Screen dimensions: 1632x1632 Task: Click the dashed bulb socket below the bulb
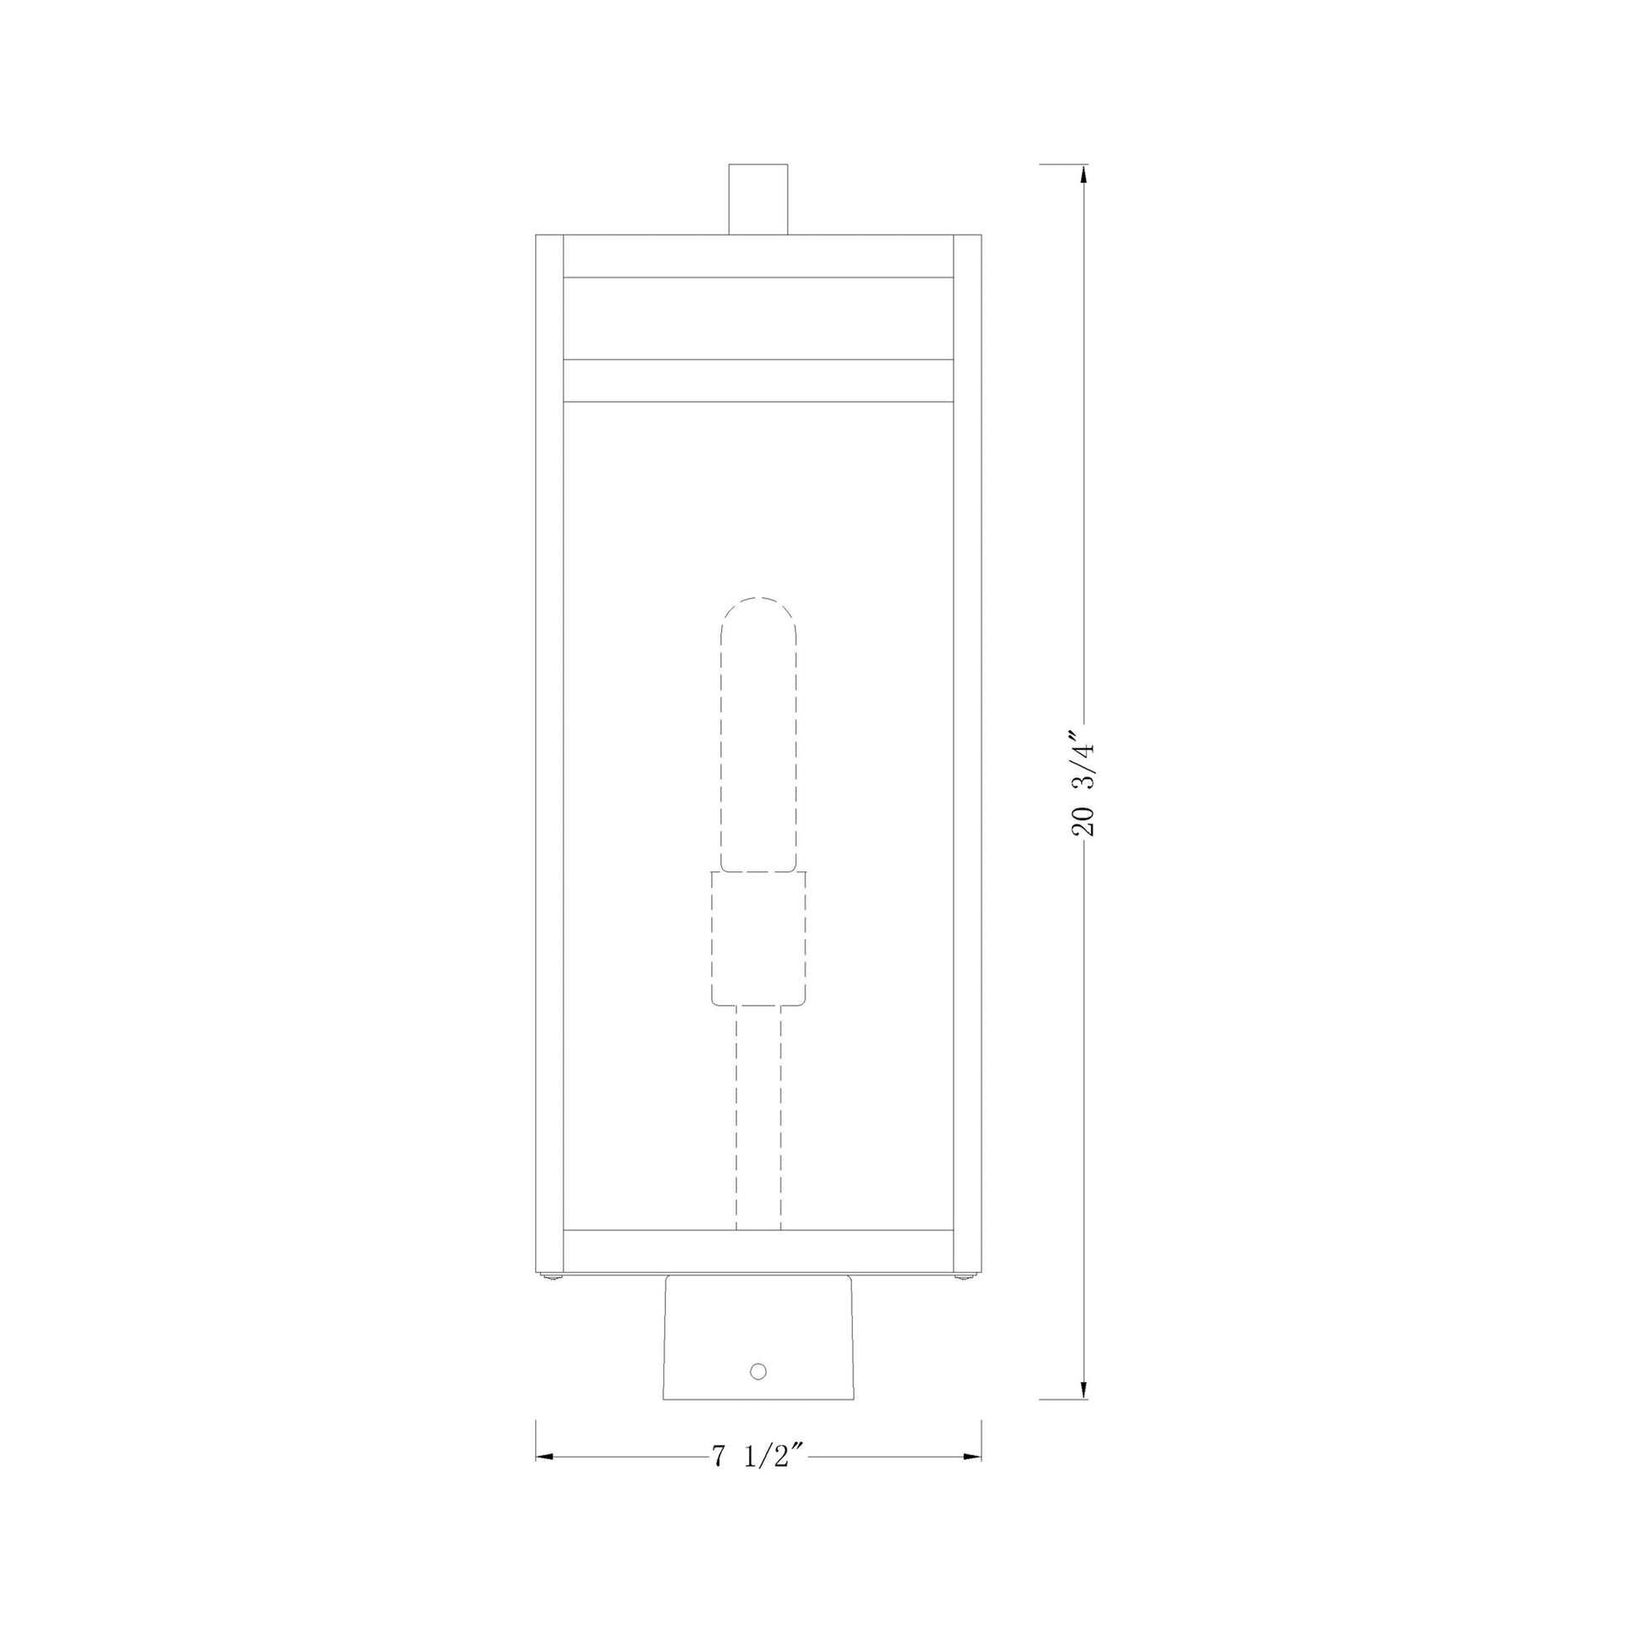(x=759, y=938)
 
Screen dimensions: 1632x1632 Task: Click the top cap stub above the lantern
(x=759, y=200)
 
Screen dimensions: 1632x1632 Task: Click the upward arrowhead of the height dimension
(x=1084, y=173)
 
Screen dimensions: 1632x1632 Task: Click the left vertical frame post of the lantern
(x=550, y=761)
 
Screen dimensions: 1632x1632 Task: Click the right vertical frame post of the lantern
(x=967, y=761)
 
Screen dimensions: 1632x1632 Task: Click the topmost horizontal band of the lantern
(x=759, y=256)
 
